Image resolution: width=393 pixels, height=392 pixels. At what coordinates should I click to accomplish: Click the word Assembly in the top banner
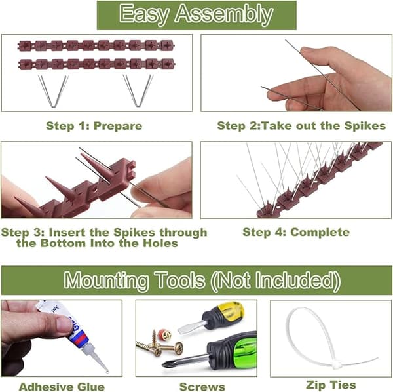(x=224, y=14)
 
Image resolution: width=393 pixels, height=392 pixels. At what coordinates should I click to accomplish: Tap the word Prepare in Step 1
(x=118, y=126)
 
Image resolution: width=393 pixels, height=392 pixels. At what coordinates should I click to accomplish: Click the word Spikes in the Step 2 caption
(x=365, y=126)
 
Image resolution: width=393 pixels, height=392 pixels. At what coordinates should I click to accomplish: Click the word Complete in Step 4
(x=320, y=232)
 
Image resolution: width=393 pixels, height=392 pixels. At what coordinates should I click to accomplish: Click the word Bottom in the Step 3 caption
(x=63, y=243)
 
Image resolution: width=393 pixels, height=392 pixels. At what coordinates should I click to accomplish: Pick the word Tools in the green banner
(x=179, y=280)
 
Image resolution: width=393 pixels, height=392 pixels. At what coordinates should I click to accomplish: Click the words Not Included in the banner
(x=276, y=281)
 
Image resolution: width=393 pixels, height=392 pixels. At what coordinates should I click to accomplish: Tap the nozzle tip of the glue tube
(x=107, y=372)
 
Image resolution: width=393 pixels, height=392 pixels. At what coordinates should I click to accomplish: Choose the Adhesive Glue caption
(x=62, y=387)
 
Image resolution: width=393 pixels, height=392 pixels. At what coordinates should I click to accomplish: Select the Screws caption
(x=202, y=387)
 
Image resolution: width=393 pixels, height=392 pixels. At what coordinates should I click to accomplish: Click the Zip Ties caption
(x=331, y=385)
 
